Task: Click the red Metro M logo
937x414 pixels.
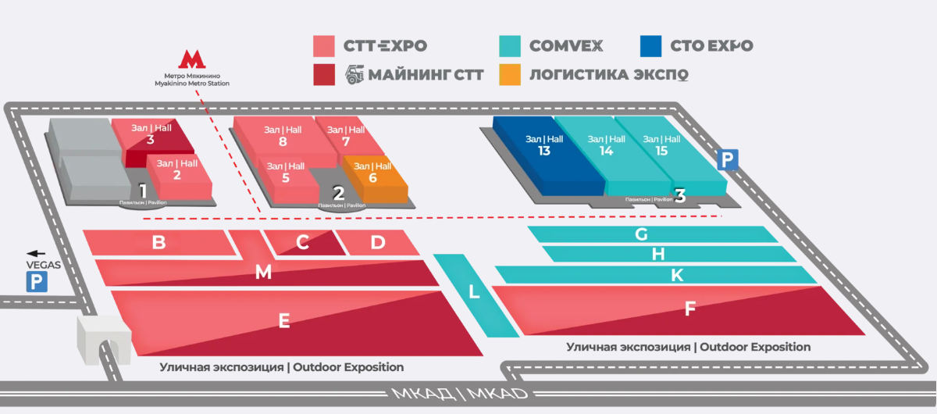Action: click(x=192, y=59)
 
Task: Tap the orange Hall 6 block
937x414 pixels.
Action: click(x=375, y=178)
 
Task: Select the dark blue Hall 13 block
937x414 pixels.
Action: click(x=548, y=155)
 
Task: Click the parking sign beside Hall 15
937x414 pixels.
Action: click(x=728, y=159)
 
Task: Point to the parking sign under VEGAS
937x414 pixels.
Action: click(x=37, y=281)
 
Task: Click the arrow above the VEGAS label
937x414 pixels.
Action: click(x=36, y=253)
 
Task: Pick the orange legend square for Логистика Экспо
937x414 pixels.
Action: click(x=510, y=74)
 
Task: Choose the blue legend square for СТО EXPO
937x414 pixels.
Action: click(x=651, y=46)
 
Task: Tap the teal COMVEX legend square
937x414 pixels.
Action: click(x=510, y=46)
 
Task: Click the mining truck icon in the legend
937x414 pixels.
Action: click(x=354, y=74)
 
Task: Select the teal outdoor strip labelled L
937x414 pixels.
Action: click(x=476, y=294)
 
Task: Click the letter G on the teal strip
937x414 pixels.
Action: click(x=641, y=234)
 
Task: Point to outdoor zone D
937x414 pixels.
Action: click(x=378, y=242)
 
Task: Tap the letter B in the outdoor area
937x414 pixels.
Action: click(x=159, y=242)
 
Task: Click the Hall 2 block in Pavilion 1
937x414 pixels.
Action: click(x=179, y=177)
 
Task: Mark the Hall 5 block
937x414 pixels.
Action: click(x=287, y=180)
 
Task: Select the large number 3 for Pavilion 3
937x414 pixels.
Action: click(x=680, y=195)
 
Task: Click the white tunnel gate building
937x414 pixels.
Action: click(x=104, y=339)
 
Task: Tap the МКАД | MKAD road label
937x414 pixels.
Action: click(x=460, y=394)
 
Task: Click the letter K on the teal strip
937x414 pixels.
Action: click(x=677, y=275)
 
